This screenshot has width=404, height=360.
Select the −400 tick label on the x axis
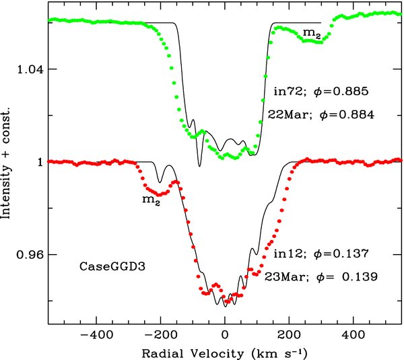point(96,335)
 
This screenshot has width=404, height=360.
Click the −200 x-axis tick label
point(161,335)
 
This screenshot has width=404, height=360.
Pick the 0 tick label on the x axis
point(225,335)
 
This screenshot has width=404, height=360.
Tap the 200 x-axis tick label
point(289,335)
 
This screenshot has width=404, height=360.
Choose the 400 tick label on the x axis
point(353,335)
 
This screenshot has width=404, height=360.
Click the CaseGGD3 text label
point(112,266)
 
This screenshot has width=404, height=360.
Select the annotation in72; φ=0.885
point(321,91)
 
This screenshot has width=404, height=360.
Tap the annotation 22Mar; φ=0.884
point(321,115)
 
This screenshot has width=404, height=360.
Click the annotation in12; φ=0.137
point(321,253)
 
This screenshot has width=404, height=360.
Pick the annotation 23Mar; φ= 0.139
point(321,277)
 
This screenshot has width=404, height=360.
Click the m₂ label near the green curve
point(312,33)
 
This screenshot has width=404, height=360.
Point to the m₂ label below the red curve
point(151,200)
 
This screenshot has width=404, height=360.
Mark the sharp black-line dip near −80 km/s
point(199,167)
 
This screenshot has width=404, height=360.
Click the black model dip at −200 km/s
point(160,182)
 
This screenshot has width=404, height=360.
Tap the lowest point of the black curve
point(225,307)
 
